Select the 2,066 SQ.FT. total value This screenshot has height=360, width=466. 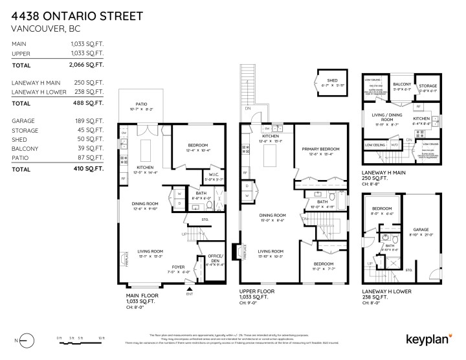tap(85, 65)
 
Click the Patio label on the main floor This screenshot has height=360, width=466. tap(141, 105)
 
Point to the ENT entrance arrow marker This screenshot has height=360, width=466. tap(189, 291)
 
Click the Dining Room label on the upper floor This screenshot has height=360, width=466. tap(272, 215)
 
